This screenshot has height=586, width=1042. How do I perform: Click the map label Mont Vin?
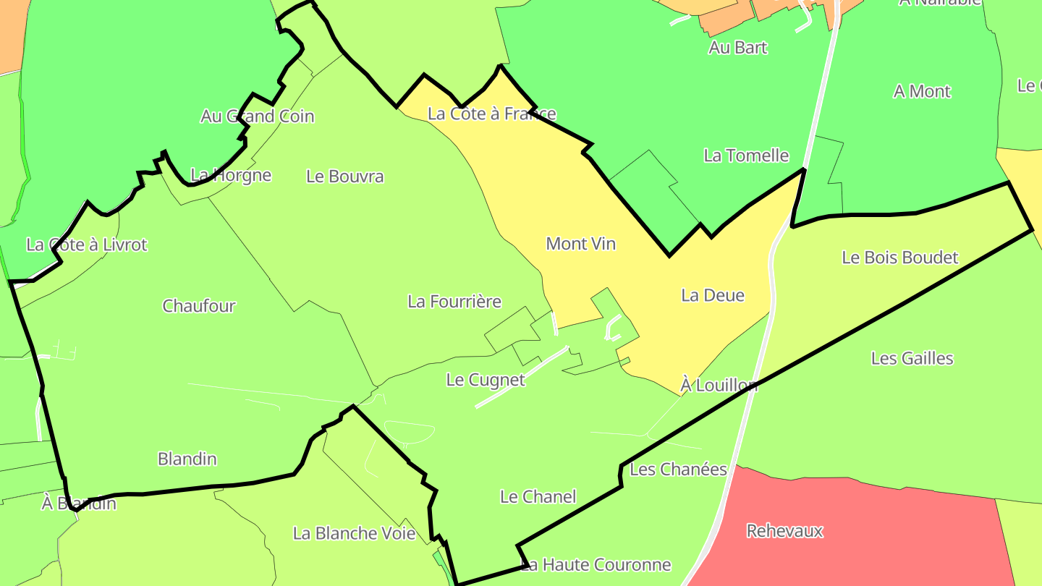[x=580, y=244]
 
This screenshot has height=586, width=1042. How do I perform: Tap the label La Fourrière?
[x=454, y=301]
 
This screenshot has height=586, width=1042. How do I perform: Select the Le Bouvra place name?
[x=345, y=177]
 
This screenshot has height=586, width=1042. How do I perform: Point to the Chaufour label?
[x=199, y=306]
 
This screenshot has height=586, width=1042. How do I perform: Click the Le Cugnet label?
[x=486, y=380]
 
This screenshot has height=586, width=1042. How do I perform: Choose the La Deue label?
[x=713, y=295]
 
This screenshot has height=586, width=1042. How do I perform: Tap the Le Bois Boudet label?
[x=900, y=258]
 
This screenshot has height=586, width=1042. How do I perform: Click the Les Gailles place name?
[x=912, y=358]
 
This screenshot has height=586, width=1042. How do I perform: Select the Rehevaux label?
[x=785, y=531]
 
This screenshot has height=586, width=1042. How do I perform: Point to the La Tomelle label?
[x=746, y=156]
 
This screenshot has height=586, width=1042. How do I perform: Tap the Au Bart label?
[x=738, y=48]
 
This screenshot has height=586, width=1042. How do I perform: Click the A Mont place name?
[x=922, y=91]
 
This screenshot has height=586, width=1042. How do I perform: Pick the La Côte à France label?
[x=492, y=114]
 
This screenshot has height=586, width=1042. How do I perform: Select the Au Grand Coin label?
[x=258, y=116]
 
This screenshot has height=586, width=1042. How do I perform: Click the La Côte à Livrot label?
[x=87, y=245]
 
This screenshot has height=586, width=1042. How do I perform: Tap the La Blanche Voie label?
[x=355, y=534]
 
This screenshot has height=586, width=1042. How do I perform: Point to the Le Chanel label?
[x=538, y=497]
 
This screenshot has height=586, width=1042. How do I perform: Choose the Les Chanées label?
[x=678, y=470]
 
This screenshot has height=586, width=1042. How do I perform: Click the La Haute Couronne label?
[x=596, y=564]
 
